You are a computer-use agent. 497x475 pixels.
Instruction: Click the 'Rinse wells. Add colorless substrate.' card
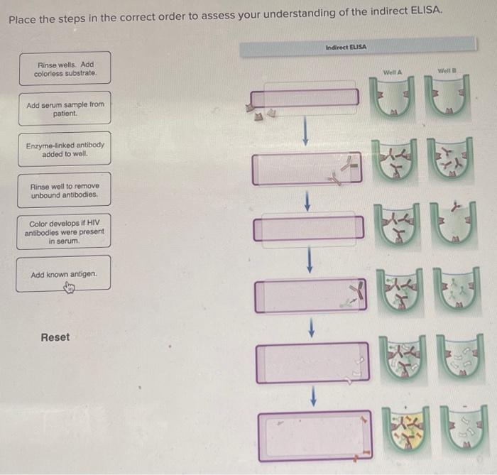click(65, 68)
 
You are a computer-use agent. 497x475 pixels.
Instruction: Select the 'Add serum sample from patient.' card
click(65, 109)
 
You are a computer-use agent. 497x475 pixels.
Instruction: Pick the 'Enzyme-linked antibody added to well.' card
click(65, 149)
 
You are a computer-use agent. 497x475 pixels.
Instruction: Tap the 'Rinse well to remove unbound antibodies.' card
click(65, 190)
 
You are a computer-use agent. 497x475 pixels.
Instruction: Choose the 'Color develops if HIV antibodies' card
click(64, 231)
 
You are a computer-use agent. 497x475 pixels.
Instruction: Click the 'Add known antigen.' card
click(64, 274)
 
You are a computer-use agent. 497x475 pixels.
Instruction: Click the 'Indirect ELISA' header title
click(346, 48)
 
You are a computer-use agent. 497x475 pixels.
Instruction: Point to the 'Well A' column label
click(392, 72)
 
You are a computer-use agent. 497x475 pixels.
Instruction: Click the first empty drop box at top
click(305, 98)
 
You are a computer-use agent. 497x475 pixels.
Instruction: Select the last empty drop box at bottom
click(313, 436)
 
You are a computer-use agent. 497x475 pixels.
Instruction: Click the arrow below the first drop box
click(305, 131)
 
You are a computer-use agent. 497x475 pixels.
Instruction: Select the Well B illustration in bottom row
click(457, 428)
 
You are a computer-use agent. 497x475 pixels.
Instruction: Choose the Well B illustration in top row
click(448, 100)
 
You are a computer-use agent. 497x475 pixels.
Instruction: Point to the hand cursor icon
click(70, 287)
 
